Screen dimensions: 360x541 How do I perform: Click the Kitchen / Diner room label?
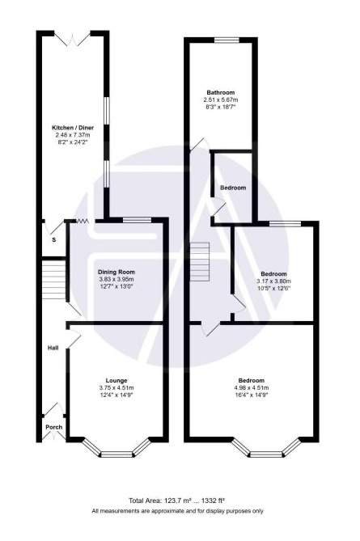point(73,128)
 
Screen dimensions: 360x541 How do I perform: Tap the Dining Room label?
point(116,272)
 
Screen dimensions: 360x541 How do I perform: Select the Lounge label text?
point(116,381)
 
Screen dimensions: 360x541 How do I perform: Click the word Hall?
point(53,348)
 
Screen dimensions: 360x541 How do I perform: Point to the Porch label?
point(54,427)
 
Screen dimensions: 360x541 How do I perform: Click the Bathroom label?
point(221,92)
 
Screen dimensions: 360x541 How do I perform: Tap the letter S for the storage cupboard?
point(54,240)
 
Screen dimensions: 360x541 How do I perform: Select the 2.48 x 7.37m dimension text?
point(73,134)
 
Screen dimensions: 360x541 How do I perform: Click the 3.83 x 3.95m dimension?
point(116,279)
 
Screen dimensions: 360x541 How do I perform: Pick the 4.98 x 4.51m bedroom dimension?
point(252,388)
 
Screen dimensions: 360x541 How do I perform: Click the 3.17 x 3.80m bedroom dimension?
point(273,281)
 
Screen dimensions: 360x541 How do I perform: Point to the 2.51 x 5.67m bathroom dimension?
point(221,99)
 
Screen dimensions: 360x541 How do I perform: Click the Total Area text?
point(177,501)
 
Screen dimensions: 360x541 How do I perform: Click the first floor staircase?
point(200,261)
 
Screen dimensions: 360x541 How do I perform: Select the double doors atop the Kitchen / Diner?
point(73,39)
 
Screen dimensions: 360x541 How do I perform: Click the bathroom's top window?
point(227,40)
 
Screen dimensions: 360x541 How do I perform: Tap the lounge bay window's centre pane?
point(116,454)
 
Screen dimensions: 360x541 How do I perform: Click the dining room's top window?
point(137,220)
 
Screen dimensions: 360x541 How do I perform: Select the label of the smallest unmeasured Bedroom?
point(233,188)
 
